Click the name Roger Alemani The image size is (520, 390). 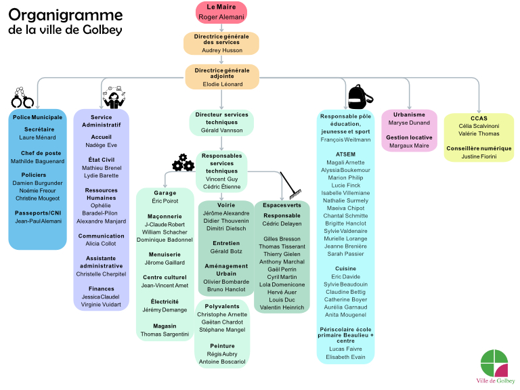[221, 17]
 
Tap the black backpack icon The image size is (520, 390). [356, 96]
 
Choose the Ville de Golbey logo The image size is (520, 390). [494, 368]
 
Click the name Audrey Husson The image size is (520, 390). [221, 50]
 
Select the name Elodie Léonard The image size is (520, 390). [222, 85]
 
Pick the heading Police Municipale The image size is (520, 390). [38, 117]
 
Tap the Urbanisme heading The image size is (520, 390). [409, 114]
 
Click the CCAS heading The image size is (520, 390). [479, 118]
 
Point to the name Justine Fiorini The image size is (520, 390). [479, 156]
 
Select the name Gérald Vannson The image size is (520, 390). [221, 130]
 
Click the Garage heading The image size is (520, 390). [165, 193]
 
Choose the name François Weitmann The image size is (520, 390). [345, 139]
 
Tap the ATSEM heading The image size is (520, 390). [345, 154]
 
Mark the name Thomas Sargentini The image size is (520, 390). [165, 334]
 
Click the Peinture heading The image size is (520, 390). [222, 345]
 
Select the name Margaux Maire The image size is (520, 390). [409, 146]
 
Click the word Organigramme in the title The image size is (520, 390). [65, 16]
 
